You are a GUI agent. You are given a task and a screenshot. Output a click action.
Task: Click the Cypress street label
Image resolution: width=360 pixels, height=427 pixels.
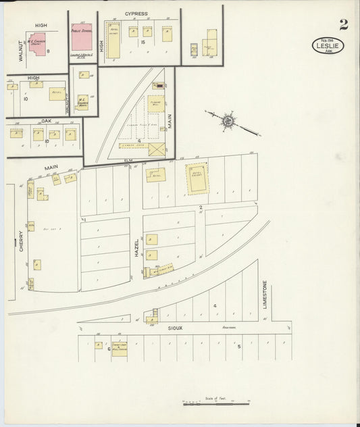(136, 14)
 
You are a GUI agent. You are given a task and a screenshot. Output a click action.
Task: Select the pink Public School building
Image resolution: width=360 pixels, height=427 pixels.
(82, 37)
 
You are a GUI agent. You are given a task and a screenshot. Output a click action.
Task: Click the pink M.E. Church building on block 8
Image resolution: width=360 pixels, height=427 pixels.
(38, 43)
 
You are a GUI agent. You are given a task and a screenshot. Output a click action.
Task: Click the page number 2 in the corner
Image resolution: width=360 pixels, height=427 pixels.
(344, 25)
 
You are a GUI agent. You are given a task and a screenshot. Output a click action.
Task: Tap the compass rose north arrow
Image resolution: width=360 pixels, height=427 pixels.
(228, 122)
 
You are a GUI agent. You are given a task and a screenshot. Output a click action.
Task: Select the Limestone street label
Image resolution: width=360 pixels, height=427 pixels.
(265, 295)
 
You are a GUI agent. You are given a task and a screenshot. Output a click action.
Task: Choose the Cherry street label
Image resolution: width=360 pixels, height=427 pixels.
(21, 239)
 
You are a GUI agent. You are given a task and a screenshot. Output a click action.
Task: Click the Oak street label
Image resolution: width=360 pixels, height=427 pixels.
(46, 121)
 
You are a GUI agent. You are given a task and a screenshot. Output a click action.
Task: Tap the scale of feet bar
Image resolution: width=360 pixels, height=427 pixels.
(216, 403)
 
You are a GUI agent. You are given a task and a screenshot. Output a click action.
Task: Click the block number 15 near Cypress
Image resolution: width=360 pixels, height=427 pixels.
(143, 43)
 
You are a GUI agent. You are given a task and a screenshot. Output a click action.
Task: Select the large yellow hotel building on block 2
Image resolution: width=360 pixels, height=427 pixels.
(197, 177)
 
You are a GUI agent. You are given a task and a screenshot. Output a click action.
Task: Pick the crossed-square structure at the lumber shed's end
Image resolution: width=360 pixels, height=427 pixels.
(156, 149)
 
